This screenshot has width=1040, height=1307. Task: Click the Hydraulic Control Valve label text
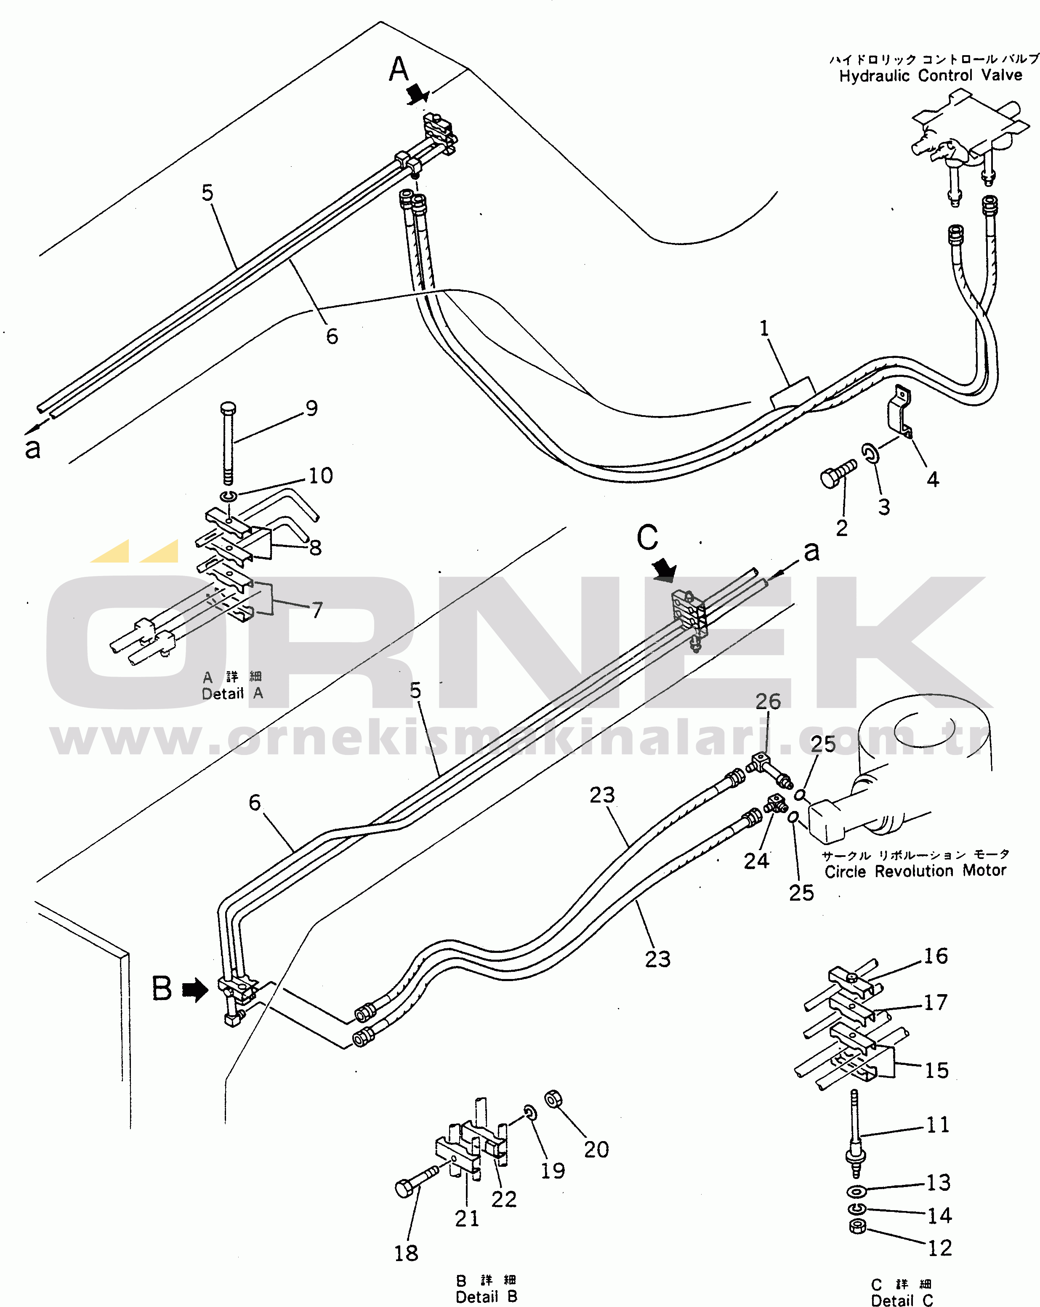[x=930, y=76]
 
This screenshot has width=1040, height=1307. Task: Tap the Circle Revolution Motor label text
[x=915, y=871]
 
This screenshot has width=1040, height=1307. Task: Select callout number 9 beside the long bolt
[x=311, y=408]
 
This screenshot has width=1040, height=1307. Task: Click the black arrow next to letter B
[x=195, y=991]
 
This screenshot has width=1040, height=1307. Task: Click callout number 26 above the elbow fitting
[x=768, y=702]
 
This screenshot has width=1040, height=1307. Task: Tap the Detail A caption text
[x=232, y=694]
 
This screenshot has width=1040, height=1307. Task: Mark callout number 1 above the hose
[x=764, y=328]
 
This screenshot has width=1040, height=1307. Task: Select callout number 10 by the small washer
[x=321, y=476]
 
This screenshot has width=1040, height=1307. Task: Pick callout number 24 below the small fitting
[x=756, y=861]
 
